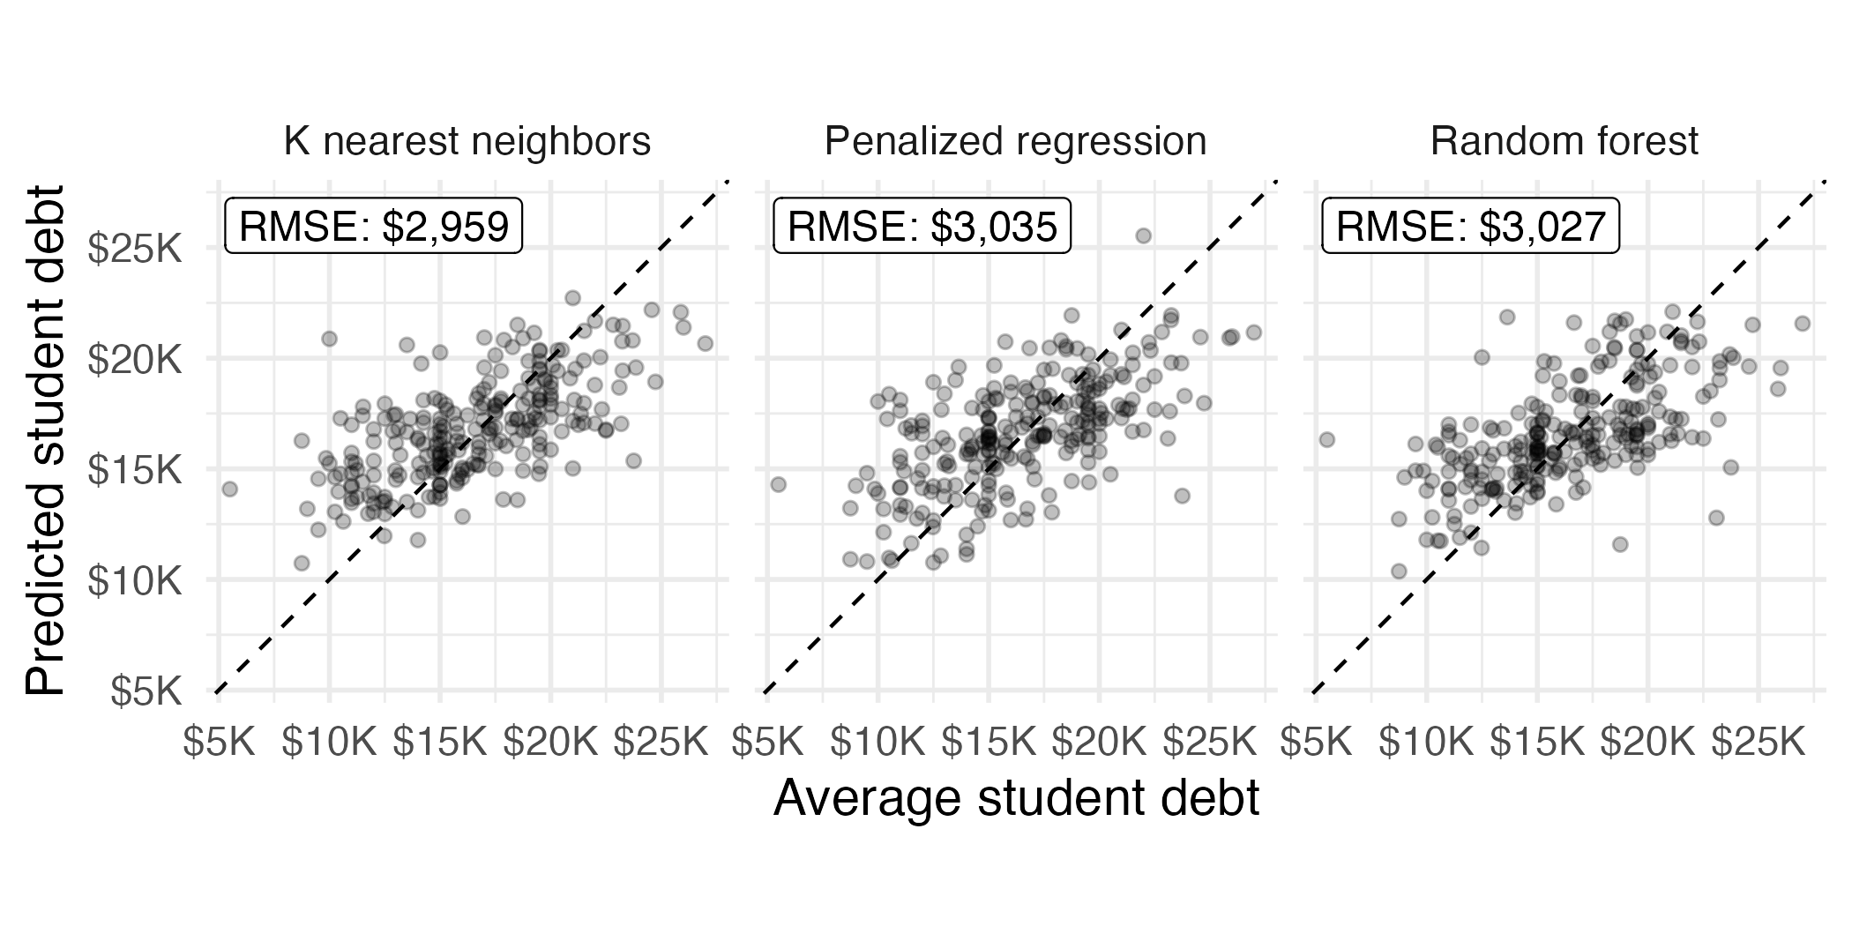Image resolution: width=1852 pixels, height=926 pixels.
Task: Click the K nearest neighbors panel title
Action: click(x=467, y=142)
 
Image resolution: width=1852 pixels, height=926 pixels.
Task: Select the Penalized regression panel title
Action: click(x=1015, y=142)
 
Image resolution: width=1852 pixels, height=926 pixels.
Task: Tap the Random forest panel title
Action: click(x=1564, y=142)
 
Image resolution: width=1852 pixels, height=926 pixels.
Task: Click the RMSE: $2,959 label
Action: click(x=374, y=227)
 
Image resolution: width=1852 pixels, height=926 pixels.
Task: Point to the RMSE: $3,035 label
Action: click(x=922, y=227)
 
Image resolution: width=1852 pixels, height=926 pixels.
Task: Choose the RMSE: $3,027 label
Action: click(x=1470, y=227)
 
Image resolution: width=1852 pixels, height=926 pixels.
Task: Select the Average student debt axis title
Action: click(x=1016, y=798)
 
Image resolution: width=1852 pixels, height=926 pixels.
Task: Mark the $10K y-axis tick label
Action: click(x=135, y=581)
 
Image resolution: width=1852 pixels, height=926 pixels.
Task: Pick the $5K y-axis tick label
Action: click(x=146, y=691)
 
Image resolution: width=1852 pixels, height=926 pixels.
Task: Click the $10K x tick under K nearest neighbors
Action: click(x=329, y=743)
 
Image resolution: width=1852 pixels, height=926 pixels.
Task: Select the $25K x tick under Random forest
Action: click(x=1759, y=743)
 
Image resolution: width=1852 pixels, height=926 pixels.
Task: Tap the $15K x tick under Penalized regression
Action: click(x=989, y=743)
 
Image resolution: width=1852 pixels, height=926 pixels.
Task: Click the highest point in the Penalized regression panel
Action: click(x=1143, y=235)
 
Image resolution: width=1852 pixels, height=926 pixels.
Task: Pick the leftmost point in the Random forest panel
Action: click(x=1326, y=439)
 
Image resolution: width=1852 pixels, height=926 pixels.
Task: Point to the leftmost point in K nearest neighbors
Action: click(x=229, y=489)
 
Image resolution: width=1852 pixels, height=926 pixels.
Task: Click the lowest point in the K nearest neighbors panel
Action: click(x=302, y=563)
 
